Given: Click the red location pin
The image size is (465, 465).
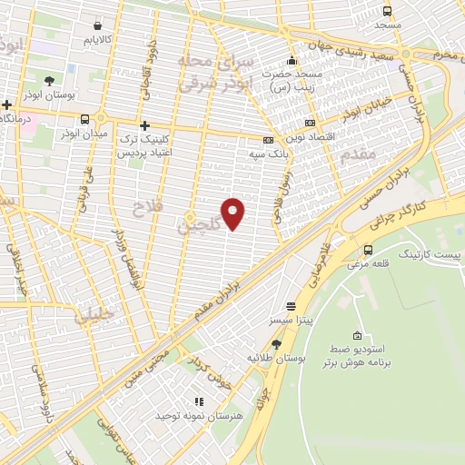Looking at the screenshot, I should [233, 213].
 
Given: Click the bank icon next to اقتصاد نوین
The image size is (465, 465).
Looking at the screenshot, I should [310, 123].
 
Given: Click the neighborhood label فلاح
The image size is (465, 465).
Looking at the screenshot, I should [144, 208].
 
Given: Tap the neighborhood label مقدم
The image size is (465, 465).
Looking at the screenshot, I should [360, 155].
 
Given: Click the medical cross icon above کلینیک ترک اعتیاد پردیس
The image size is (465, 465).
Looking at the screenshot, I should [143, 125].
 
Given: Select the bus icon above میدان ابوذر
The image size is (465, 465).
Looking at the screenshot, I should [85, 119].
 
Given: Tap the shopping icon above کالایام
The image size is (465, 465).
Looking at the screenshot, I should [97, 25].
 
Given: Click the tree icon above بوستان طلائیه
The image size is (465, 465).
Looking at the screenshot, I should [276, 343].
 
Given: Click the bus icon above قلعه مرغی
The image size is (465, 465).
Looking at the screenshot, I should [368, 250].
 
